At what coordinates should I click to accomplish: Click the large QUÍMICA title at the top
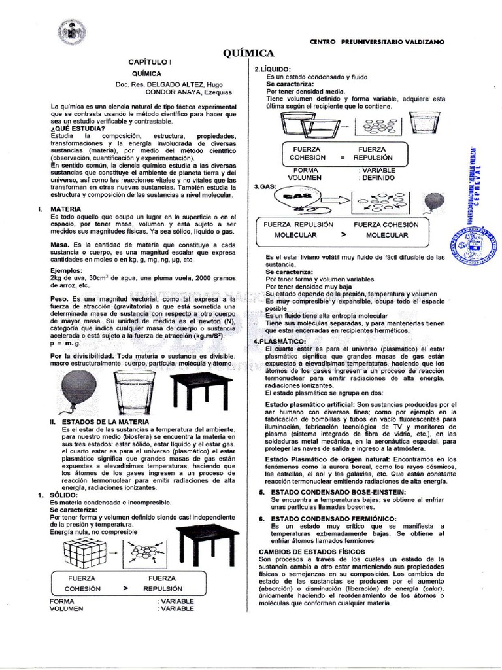point(248,53)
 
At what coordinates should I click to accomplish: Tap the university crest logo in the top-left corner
point(72,32)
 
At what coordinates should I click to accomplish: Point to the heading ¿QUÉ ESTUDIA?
point(78,128)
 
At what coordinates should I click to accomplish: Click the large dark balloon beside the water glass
point(79,389)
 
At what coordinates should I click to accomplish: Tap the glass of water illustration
point(133,392)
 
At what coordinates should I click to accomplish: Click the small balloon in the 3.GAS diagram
point(434,202)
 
